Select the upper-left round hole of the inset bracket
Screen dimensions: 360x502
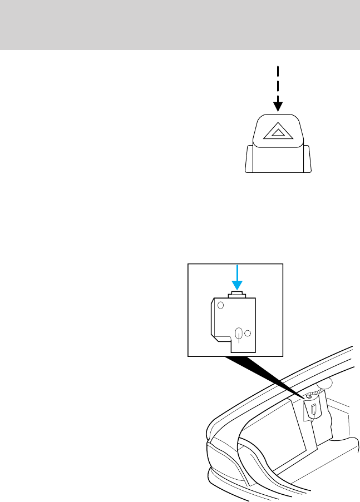coord(220,305)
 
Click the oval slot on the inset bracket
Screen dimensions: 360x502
coord(239,334)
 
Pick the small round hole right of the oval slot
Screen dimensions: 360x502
coord(248,334)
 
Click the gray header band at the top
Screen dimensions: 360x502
coord(180,24)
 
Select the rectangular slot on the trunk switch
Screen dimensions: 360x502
coord(313,410)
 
